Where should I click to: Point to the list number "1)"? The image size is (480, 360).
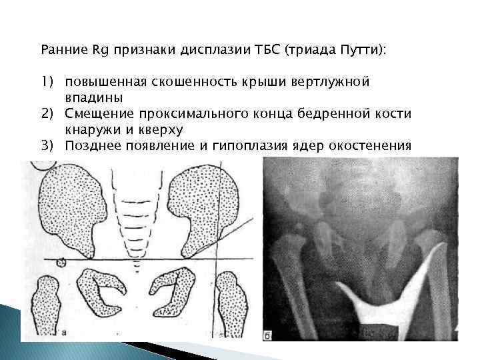click(x=48, y=81)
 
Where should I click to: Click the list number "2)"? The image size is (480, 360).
click(x=48, y=113)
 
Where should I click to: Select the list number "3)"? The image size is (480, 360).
click(x=48, y=145)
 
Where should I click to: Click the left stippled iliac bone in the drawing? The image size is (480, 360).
click(x=70, y=207)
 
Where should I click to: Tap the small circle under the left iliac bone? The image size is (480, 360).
click(x=61, y=260)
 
